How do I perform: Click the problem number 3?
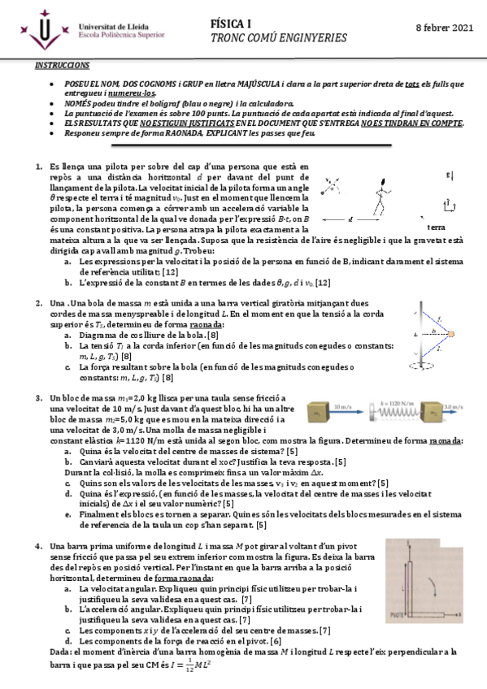pos(38,397)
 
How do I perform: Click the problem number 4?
pos(38,546)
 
